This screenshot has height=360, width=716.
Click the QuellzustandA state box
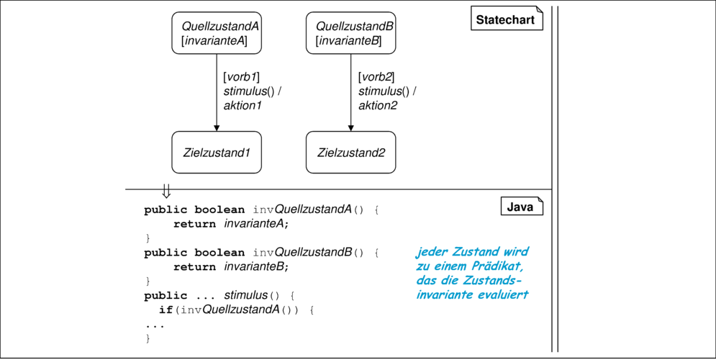[x=217, y=33]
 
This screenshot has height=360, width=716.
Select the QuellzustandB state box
[x=350, y=33]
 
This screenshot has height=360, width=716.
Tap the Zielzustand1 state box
[x=217, y=153]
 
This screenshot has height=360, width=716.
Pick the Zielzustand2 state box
[x=350, y=153]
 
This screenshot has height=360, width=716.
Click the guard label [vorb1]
[x=242, y=77]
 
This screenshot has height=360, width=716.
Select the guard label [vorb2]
[x=376, y=77]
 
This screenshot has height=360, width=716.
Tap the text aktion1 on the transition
[x=243, y=106]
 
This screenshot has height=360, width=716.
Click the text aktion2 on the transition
[x=378, y=106]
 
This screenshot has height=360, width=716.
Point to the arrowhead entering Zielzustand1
[x=217, y=128]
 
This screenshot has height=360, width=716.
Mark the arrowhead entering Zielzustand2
[x=350, y=128]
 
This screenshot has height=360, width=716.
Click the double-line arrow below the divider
[x=166, y=191]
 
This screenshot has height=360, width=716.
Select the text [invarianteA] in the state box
[x=214, y=41]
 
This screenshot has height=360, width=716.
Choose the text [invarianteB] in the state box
[x=348, y=41]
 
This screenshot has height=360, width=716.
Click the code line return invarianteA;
[x=232, y=224]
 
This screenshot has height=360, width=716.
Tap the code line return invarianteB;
[x=232, y=266]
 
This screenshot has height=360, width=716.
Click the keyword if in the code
[x=166, y=310]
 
